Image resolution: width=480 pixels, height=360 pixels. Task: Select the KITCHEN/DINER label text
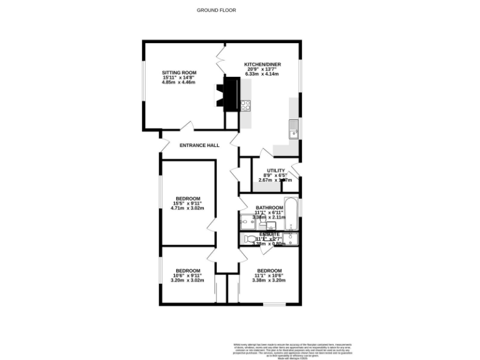[x=262, y=64]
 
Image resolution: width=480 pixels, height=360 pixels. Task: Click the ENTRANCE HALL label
[x=199, y=145]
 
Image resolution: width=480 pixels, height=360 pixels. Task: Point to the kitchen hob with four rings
[x=246, y=106]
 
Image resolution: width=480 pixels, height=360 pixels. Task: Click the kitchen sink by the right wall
[x=294, y=131]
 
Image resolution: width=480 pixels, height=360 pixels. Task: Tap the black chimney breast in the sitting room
[x=231, y=94]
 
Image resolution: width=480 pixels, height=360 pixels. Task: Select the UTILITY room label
[x=276, y=171]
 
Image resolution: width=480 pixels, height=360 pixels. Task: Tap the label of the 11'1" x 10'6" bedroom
[x=269, y=271]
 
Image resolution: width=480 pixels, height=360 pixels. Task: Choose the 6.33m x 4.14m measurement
[x=262, y=74]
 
